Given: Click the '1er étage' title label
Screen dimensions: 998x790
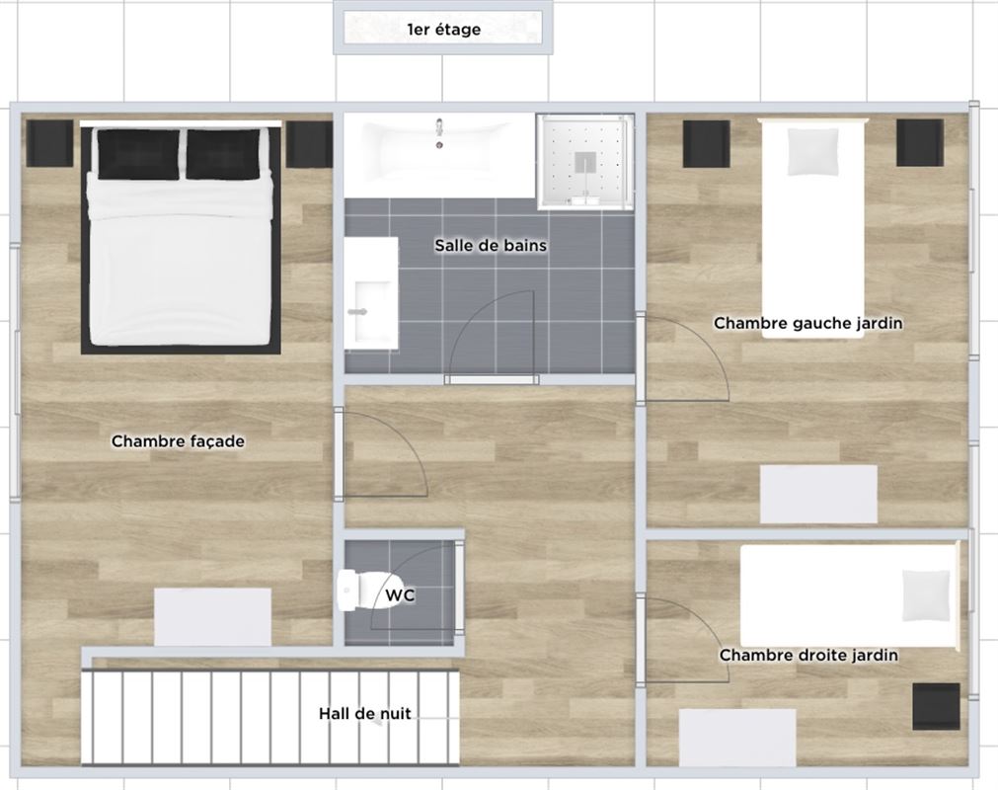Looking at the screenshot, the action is point(443,30).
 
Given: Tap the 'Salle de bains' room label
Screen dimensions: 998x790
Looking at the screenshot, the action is point(491,245).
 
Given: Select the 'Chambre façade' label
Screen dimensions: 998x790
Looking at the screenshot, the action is point(179,441).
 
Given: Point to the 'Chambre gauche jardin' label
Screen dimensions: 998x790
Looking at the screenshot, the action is point(808,323).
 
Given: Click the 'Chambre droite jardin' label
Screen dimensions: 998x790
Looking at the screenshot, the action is point(809,655).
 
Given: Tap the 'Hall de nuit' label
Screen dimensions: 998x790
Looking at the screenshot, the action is point(365,714).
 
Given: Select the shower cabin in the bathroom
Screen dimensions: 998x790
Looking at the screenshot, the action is point(585,162).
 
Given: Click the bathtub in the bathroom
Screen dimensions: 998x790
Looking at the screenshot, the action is point(439,155).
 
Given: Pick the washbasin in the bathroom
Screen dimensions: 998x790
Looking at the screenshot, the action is point(371,293).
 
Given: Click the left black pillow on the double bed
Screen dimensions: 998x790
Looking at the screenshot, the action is point(138,154).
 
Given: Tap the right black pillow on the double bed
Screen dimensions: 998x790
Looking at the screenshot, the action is point(223,154).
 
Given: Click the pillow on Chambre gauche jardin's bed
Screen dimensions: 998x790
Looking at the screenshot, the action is point(812,151).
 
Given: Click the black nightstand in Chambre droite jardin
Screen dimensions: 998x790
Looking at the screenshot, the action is point(936,707).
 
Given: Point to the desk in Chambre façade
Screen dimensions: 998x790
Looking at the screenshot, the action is point(212,617).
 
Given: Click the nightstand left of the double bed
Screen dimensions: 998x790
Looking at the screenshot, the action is point(49,144).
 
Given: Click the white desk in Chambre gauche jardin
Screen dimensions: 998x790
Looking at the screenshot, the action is point(818,494).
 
